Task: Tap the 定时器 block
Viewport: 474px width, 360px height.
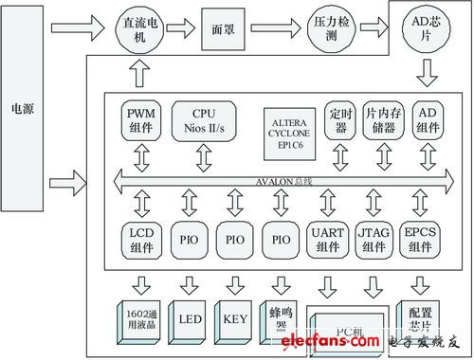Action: pos(337,121)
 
